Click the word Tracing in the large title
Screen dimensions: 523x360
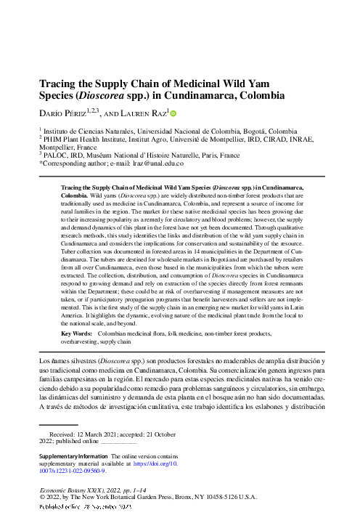(58, 84)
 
